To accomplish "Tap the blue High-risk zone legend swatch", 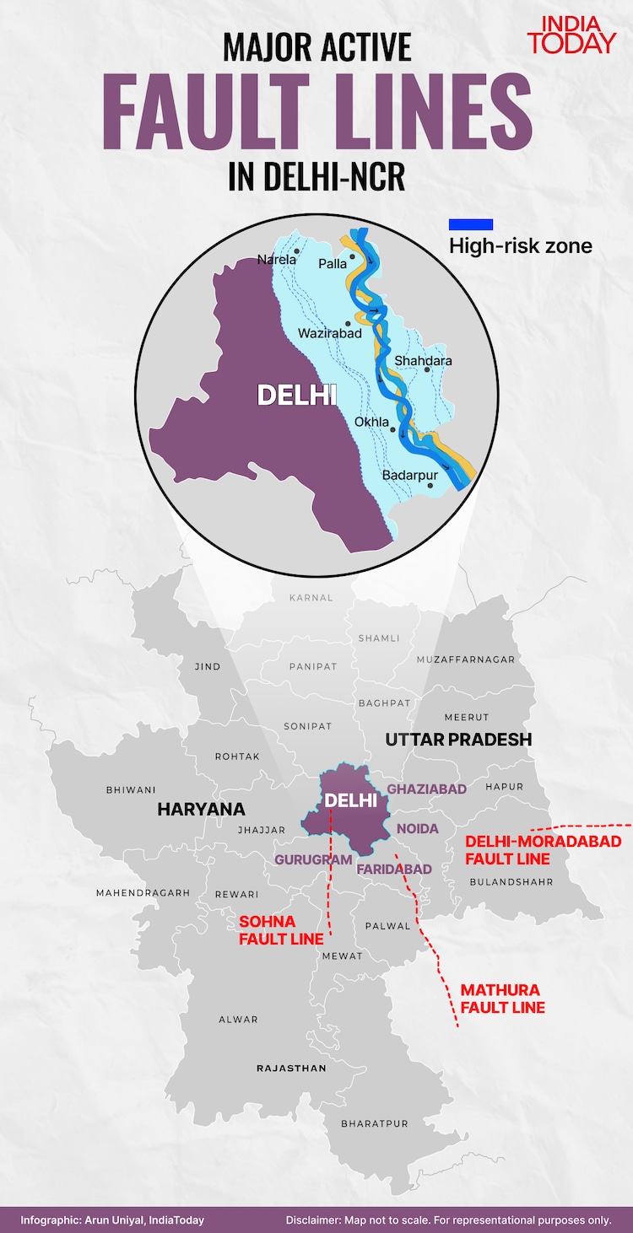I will (x=470, y=224).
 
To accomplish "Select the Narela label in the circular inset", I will (x=277, y=260).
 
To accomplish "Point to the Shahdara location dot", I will (x=427, y=369).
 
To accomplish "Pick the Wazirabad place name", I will (x=330, y=333).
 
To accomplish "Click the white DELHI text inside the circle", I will (x=297, y=395).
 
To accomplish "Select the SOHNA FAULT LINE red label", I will (x=281, y=930).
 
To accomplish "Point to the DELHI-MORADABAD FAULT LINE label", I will (x=543, y=850).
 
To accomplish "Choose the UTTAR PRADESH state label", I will (x=458, y=740).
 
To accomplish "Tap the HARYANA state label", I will (x=201, y=810).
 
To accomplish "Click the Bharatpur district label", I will (x=374, y=1123).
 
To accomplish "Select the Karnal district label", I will (x=311, y=597).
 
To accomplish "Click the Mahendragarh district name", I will (x=143, y=892).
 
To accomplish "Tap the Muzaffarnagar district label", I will (x=465, y=660).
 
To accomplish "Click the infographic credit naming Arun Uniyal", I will (x=112, y=1220).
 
